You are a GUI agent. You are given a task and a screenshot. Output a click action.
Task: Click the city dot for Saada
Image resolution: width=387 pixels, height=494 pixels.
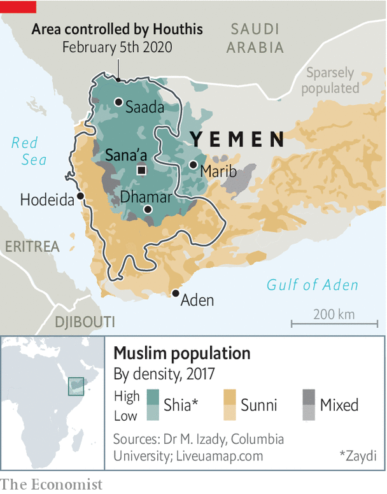[118, 102]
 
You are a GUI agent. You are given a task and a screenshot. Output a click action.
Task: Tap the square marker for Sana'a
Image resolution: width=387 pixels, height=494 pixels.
[141, 170]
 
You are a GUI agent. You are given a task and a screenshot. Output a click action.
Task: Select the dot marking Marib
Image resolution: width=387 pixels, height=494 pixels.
[193, 165]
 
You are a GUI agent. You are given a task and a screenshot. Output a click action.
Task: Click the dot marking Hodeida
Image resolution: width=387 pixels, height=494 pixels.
[80, 196]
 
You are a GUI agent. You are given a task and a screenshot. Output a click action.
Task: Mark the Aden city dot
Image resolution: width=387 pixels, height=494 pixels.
[175, 293]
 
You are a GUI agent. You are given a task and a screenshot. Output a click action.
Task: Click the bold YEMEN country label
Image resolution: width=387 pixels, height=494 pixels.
[237, 139]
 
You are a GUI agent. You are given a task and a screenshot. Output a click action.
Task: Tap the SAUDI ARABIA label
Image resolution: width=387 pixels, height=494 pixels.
[256, 38]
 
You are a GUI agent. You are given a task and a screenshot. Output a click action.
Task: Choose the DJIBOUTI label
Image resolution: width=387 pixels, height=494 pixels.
[85, 321]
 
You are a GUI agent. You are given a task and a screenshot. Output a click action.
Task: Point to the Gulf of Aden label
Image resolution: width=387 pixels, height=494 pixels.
[312, 285]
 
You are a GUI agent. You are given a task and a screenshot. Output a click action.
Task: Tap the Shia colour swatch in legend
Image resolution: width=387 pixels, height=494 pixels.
[152, 405]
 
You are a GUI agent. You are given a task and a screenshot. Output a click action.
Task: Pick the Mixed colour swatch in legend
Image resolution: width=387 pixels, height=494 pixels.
[308, 405]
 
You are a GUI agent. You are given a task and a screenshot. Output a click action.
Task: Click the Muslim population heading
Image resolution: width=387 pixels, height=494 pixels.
[181, 354]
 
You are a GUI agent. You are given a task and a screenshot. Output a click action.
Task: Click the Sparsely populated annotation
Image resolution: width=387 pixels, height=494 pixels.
[330, 81]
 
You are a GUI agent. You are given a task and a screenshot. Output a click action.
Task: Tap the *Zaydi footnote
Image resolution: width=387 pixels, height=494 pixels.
[357, 456]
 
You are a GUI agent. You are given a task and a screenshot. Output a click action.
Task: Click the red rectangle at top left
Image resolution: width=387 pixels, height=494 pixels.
[18, 6]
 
